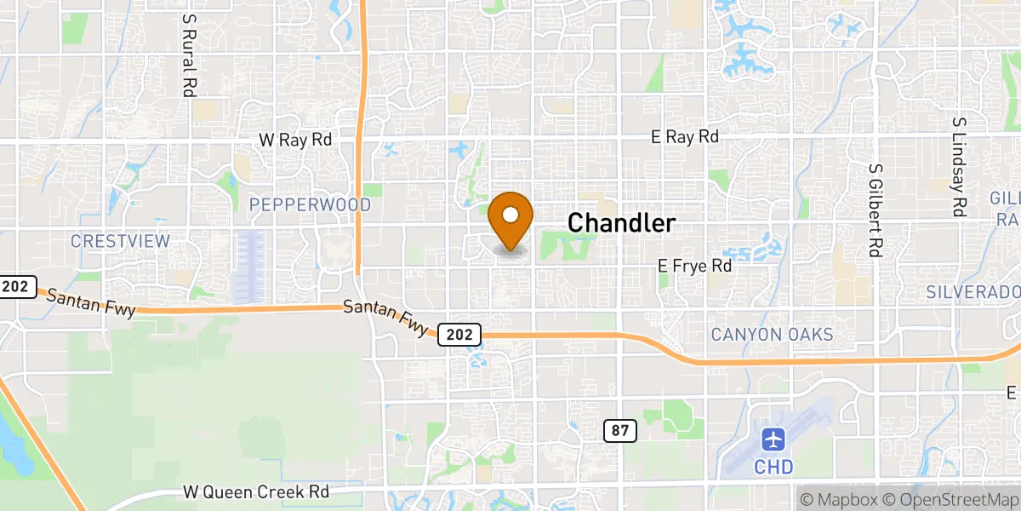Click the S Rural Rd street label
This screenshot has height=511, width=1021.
point(188,54)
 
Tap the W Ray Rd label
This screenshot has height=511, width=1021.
point(295,139)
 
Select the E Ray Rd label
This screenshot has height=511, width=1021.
point(684,136)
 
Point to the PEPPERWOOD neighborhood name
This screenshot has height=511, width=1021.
point(310,205)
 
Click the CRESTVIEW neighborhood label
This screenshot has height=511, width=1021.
point(120,241)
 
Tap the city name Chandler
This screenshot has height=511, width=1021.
point(621,223)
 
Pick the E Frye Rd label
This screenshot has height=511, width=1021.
point(695,266)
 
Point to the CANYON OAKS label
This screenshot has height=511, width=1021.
point(772,335)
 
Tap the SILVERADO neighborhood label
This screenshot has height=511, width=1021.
point(973,292)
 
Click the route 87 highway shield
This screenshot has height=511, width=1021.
point(621,431)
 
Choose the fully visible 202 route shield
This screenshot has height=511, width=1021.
point(459,335)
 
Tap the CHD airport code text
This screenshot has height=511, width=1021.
point(773,467)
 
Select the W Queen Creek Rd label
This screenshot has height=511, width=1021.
point(255,492)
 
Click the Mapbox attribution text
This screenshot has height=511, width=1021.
point(836,498)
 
